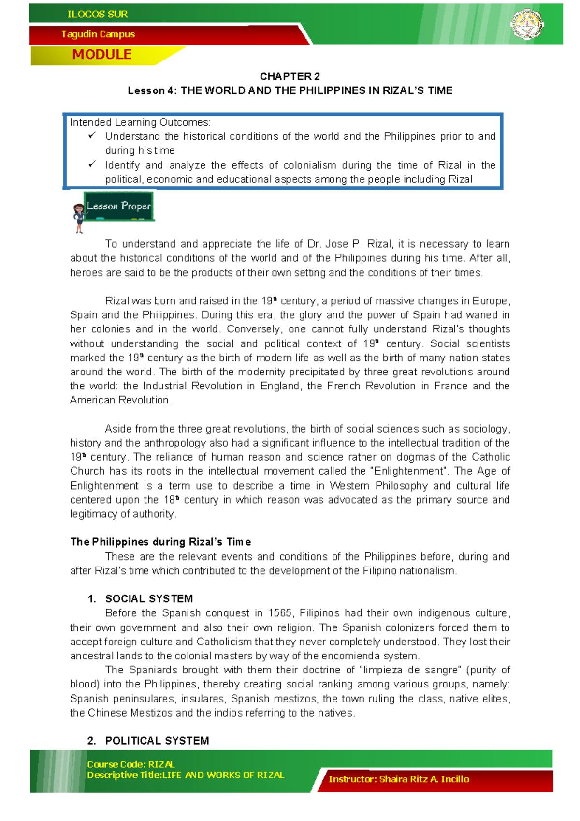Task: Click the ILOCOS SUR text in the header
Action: (x=98, y=15)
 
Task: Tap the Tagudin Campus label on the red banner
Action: (x=98, y=34)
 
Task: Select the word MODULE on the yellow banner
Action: (x=102, y=55)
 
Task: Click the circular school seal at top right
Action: (x=528, y=24)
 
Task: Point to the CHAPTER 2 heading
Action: (x=290, y=76)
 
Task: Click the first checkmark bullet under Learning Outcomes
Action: (x=92, y=136)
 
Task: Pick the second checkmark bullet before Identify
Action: (x=92, y=164)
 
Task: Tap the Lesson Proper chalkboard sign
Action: (x=119, y=206)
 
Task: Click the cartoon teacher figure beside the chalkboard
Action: (x=79, y=218)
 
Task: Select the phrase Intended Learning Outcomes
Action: (x=140, y=122)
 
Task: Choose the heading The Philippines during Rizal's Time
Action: (x=160, y=542)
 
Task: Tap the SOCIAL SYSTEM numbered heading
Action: (x=149, y=599)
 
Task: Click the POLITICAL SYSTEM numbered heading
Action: (x=157, y=741)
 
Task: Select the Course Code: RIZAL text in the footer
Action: (x=130, y=764)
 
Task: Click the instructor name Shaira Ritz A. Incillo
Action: (x=424, y=779)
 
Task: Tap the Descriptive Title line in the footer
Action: (x=185, y=775)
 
